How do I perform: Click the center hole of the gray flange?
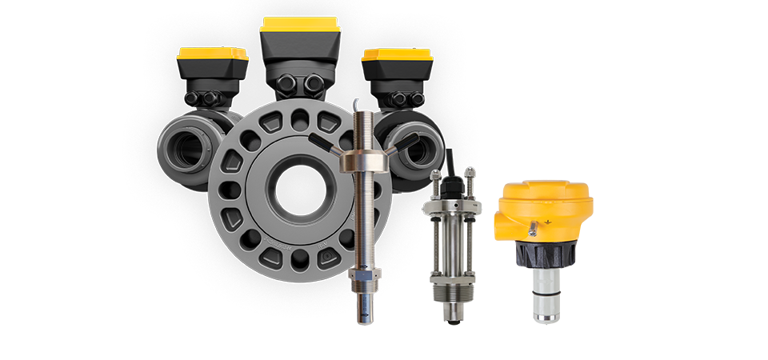[295, 185]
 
